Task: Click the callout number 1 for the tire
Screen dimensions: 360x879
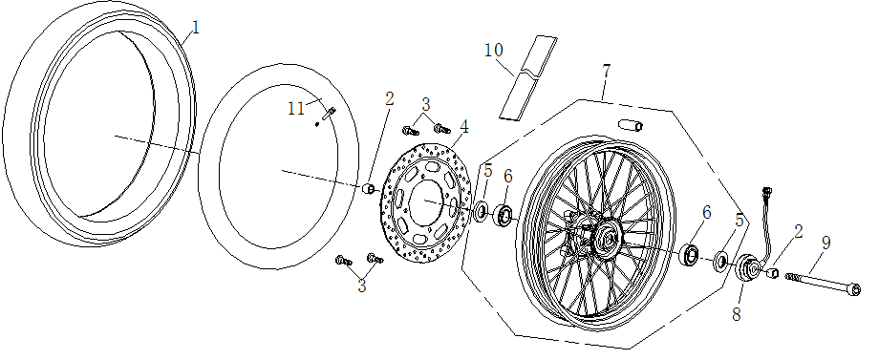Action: pos(195,28)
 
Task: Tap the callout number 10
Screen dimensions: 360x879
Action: pos(494,50)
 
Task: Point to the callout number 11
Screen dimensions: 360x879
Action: pos(295,109)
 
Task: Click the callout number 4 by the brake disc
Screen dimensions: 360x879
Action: pos(464,126)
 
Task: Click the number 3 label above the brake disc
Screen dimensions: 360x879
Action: pos(426,104)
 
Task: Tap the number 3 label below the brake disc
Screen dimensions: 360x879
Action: pos(362,285)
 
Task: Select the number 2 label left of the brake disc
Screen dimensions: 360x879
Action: pos(389,98)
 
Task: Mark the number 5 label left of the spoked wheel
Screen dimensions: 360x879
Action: pos(487,173)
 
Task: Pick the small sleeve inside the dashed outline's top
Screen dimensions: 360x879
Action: pos(631,125)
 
